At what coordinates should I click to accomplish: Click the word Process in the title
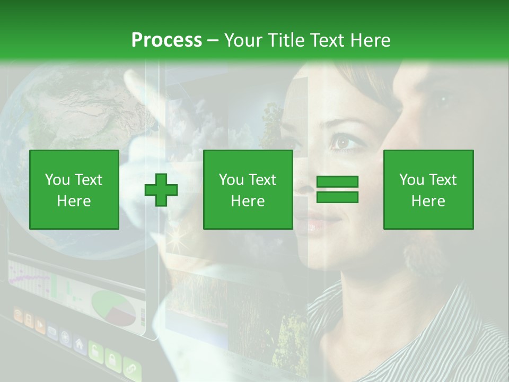pos(166,40)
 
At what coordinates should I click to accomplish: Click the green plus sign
pos(161,190)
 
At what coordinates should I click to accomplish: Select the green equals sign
pos(337,190)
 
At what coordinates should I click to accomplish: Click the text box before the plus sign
pos(74,189)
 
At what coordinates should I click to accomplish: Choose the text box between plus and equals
pos(248,189)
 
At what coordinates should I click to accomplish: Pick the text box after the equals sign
pos(428,189)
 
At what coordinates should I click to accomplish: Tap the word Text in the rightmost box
pos(442,180)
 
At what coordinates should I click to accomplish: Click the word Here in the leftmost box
pos(74,201)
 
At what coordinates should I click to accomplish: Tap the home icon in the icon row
pos(79,345)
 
